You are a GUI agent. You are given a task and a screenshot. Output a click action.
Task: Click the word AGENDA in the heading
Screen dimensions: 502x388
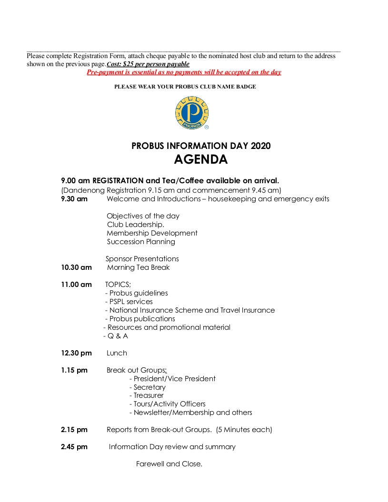[x=200, y=159]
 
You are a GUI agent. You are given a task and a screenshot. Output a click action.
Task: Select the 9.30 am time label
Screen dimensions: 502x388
[x=74, y=199]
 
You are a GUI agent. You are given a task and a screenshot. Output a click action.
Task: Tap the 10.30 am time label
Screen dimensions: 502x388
[x=76, y=267]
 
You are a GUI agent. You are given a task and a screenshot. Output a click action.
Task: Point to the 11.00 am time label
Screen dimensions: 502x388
[x=76, y=285]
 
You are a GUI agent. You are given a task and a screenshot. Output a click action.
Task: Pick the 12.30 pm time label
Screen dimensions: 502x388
[x=76, y=353]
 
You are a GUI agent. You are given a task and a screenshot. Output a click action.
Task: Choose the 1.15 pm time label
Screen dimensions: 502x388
[x=74, y=370]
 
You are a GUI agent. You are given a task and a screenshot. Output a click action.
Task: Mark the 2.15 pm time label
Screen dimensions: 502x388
[x=74, y=430]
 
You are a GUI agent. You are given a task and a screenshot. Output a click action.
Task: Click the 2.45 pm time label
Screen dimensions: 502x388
[x=74, y=447]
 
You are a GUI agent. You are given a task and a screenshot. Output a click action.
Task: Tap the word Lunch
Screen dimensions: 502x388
[x=117, y=353]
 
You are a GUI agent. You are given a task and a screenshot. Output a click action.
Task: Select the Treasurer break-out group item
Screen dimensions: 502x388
[x=148, y=395]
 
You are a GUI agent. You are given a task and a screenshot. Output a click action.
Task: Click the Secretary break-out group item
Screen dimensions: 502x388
[x=149, y=387]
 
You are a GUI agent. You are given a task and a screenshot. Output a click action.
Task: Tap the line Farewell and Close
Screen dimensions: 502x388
[x=169, y=464]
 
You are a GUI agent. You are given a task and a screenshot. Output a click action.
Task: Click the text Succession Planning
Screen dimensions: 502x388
[x=141, y=242]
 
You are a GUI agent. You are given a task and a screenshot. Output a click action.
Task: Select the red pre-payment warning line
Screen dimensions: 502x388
[x=184, y=72]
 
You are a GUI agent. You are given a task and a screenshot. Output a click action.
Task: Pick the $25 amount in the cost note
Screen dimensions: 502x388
[x=128, y=64]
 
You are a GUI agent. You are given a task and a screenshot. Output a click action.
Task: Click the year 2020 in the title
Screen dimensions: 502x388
[x=260, y=146]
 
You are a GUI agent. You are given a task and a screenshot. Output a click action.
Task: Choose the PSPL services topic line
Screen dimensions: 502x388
[x=129, y=302]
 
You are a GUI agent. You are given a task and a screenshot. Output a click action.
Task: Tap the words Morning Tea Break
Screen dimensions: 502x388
[x=138, y=267]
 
